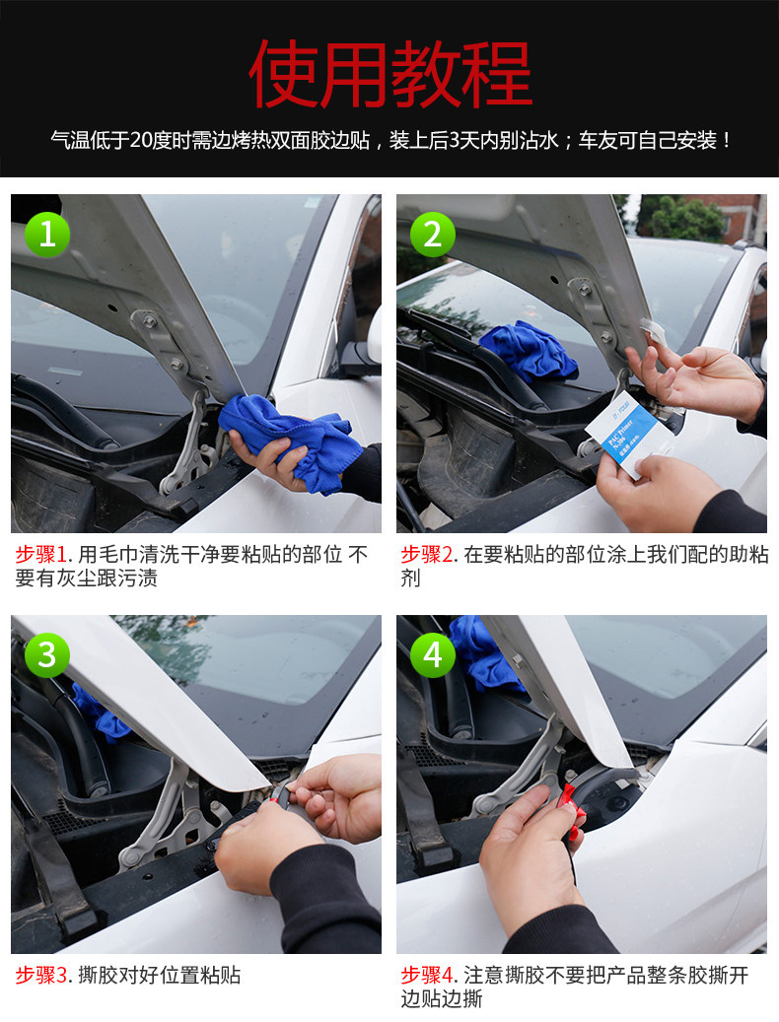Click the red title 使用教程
(390, 73)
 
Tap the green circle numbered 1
(47, 234)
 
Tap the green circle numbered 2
(433, 234)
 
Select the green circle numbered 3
(47, 655)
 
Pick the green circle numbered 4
(433, 655)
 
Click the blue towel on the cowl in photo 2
(528, 352)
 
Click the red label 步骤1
(41, 555)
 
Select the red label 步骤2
(427, 555)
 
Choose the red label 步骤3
(41, 976)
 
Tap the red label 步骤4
(427, 976)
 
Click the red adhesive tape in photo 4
(569, 811)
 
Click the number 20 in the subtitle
(140, 140)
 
